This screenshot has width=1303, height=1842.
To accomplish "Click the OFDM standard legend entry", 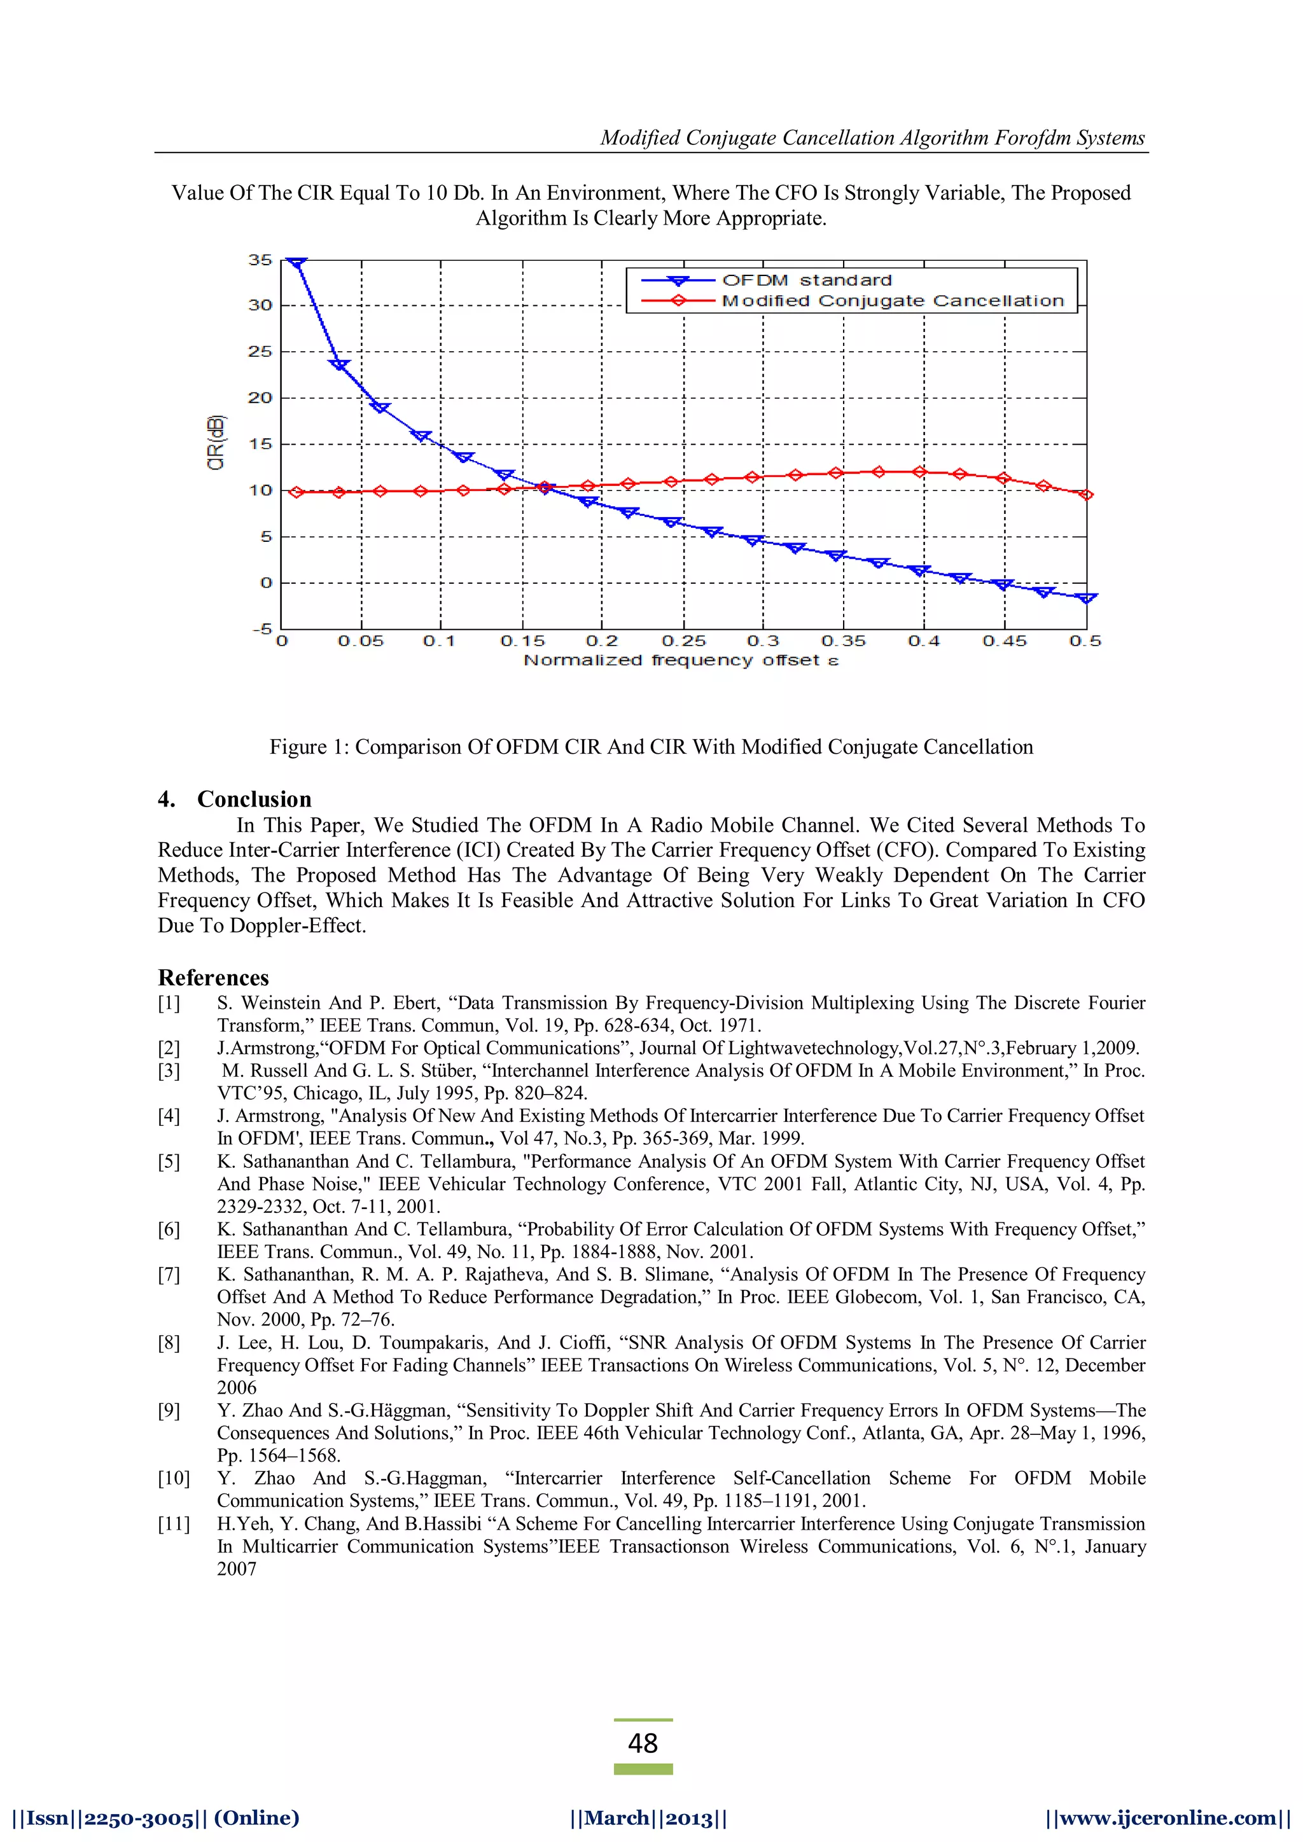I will point(805,280).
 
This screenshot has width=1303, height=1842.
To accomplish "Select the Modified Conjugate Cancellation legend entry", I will point(892,301).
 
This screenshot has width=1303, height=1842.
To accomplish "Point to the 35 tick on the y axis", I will point(260,260).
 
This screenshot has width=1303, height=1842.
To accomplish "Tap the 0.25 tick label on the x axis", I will point(683,641).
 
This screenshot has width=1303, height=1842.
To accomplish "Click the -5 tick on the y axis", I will point(261,629).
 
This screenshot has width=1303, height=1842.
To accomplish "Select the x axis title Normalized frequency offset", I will point(680,660).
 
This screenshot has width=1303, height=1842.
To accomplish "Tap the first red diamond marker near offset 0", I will point(296,492).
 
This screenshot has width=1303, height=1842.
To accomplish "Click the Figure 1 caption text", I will point(651,747).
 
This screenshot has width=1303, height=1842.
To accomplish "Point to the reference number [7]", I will point(169,1275).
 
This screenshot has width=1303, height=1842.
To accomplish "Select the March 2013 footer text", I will point(648,1818).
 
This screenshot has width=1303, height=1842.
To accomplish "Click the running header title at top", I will point(872,138).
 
